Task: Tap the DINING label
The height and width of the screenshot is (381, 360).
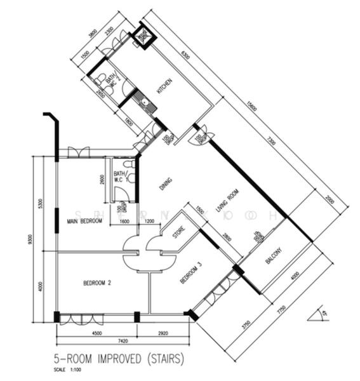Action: pos(165,184)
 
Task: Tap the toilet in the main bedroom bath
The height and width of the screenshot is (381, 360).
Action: pos(129,164)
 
